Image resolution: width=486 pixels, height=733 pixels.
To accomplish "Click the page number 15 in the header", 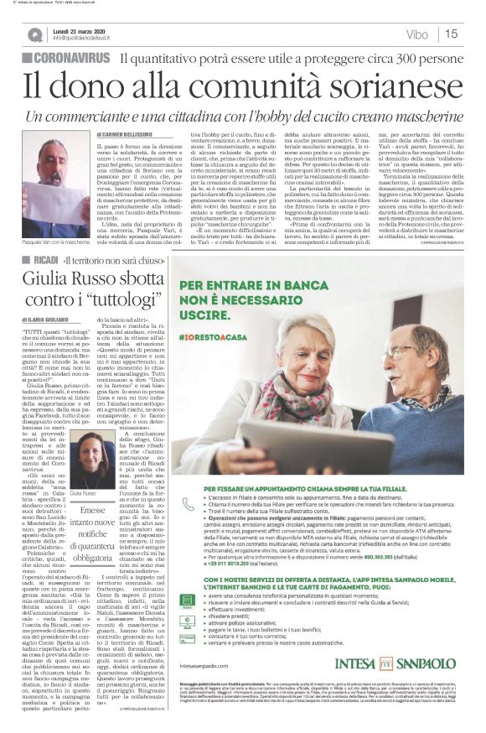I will click(x=452, y=34).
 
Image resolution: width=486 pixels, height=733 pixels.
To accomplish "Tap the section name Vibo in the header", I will click(x=416, y=34).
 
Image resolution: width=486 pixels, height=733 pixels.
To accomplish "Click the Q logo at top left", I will click(x=34, y=34).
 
